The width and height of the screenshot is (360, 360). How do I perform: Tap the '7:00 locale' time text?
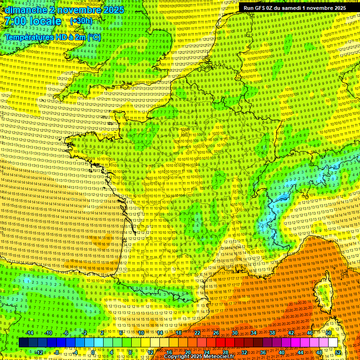coord(32,21)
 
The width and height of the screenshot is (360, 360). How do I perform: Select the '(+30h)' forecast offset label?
coord(81,21)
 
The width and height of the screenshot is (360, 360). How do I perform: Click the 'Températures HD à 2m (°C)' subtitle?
coord(52,37)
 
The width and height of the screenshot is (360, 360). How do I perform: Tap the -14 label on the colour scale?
coord(30,333)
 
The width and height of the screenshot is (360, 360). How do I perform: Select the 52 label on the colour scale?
coord(338,352)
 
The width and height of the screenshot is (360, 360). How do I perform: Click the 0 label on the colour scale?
coord(93,352)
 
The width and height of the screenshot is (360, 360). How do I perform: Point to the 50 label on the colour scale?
coord(329,333)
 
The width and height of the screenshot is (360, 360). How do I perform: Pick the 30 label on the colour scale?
coord(234,333)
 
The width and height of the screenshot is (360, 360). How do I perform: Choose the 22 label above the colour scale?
coord(197,333)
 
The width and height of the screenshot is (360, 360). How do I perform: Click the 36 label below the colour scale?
coord(262,352)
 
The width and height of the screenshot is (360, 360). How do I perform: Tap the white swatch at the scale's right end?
coord(333,343)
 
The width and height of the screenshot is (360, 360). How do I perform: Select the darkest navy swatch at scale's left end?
coord(23,343)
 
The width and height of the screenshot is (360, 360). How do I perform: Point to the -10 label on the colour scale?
coord(48,333)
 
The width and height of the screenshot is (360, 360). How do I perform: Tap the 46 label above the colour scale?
coord(310,333)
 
